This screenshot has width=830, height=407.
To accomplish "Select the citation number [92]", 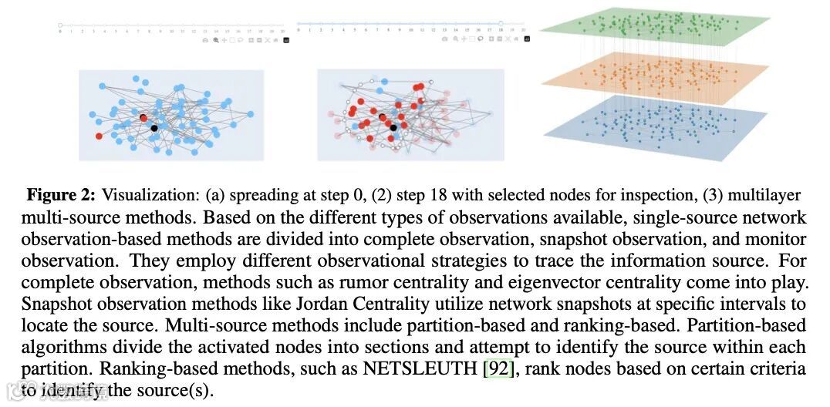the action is click(498, 368).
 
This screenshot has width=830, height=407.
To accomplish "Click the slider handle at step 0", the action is click(60, 25).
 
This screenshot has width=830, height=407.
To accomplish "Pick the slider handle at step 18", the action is click(501, 24).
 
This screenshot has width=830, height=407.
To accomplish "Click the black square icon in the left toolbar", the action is click(286, 39).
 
